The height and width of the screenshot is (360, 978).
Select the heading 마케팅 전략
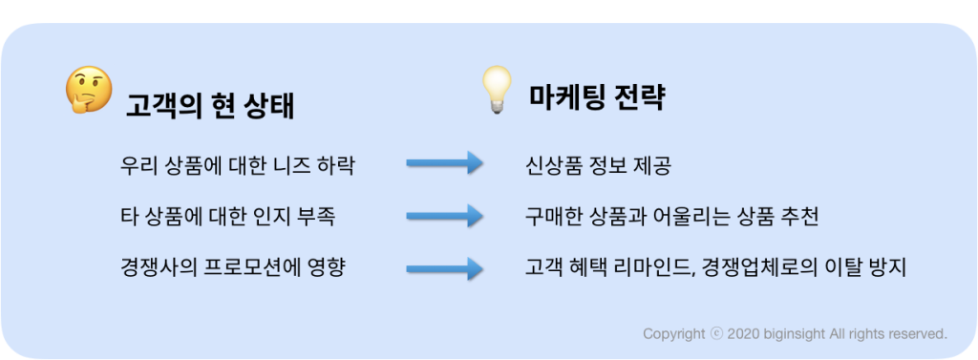[597, 97]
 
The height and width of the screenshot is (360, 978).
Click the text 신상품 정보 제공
[599, 165]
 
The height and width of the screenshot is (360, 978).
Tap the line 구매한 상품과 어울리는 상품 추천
[672, 217]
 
